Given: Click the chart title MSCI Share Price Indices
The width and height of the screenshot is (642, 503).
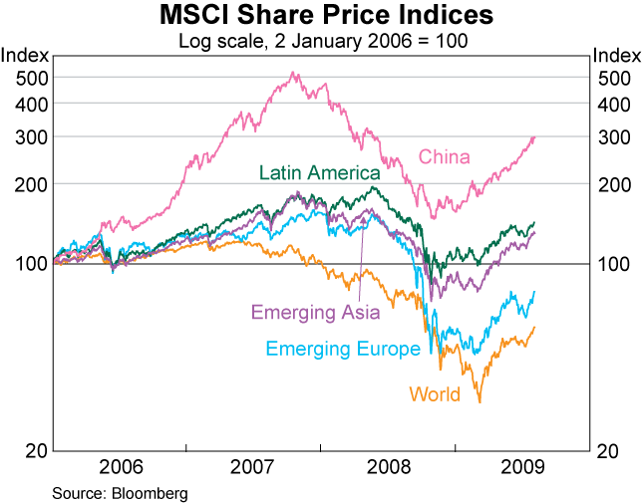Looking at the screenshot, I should (x=321, y=16).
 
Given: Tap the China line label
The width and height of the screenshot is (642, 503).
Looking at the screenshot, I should (x=444, y=156).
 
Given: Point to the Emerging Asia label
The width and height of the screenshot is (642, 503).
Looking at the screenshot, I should (x=315, y=313).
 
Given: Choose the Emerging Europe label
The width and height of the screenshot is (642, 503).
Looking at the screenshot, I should (x=342, y=349).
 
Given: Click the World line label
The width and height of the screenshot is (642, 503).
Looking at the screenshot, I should (x=435, y=394).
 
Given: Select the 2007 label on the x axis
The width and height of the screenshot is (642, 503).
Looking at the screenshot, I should (x=253, y=466).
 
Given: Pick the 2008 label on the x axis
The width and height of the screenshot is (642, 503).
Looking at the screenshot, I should (x=388, y=466).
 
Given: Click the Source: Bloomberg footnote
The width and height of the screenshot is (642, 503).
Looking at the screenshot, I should (x=120, y=492).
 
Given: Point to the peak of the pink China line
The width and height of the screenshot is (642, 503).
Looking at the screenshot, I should (x=293, y=73).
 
